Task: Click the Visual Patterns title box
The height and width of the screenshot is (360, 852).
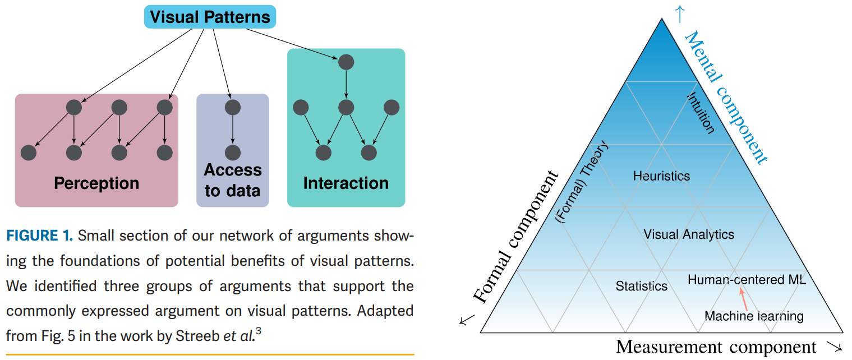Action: [x=210, y=17]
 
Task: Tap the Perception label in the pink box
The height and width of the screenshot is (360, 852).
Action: [x=96, y=183]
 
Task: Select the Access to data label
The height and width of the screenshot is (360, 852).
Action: [x=233, y=180]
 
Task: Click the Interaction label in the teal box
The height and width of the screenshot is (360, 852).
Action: [x=346, y=183]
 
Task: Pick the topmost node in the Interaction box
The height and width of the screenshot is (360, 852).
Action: [x=346, y=61]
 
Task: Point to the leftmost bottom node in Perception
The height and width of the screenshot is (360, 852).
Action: [x=29, y=152]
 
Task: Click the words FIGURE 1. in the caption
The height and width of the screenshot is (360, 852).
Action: [x=39, y=236]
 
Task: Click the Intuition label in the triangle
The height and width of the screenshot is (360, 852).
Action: [x=701, y=113]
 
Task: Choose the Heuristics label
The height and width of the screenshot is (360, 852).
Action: [x=661, y=176]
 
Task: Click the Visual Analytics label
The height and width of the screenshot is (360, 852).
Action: [x=689, y=234]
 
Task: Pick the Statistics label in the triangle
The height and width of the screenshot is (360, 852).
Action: [x=642, y=286]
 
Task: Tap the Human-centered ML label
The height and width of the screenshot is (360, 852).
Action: [x=747, y=279]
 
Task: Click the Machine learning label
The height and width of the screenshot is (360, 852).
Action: [x=754, y=316]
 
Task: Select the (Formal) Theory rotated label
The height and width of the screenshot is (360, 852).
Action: [x=582, y=181]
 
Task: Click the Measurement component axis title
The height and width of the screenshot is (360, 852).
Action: [x=716, y=347]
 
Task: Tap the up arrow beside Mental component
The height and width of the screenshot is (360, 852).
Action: [x=679, y=12]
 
